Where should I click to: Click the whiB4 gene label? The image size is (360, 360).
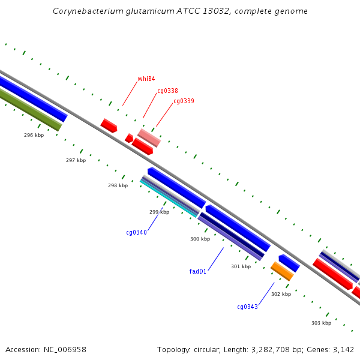click(146, 79)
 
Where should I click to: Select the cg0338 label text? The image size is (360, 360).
click(167, 91)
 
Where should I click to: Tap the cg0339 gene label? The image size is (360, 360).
click(184, 101)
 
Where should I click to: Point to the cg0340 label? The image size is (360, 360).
click(136, 232)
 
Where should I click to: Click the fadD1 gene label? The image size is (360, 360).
click(197, 271)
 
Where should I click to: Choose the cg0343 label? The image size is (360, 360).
click(247, 307)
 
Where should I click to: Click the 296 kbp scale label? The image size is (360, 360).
click(34, 135)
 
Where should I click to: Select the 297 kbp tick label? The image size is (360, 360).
click(76, 160)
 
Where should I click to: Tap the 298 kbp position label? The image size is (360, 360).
click(118, 185)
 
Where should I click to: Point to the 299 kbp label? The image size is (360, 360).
click(159, 212)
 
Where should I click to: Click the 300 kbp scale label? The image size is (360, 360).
click(200, 239)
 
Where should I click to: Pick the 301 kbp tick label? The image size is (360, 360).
click(241, 266)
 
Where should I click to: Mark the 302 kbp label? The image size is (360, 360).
click(281, 294)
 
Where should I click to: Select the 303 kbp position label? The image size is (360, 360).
click(321, 323)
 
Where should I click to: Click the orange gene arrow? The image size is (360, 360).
click(282, 271)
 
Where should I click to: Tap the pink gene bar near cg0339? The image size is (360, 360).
click(149, 138)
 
